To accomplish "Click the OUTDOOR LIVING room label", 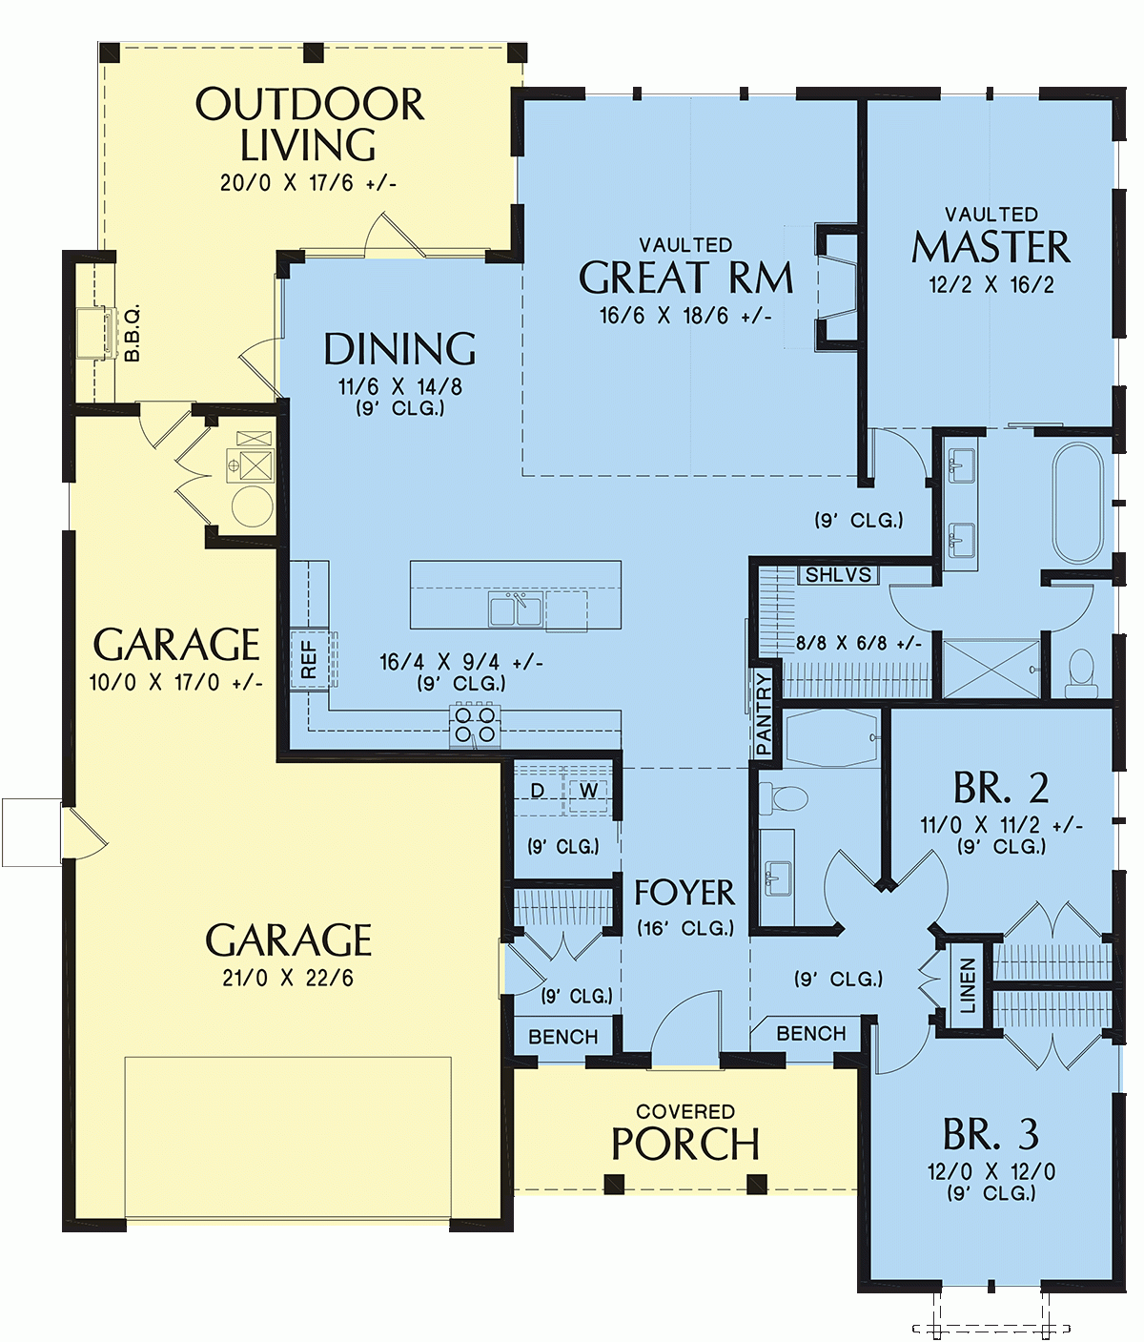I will pyautogui.click(x=309, y=125).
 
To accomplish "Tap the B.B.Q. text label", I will pyautogui.click(x=133, y=333).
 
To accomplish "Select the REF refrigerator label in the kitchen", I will pyautogui.click(x=309, y=659).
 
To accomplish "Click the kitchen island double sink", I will pyautogui.click(x=516, y=609).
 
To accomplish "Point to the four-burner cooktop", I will pyautogui.click(x=474, y=723).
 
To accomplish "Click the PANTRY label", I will pyautogui.click(x=764, y=713).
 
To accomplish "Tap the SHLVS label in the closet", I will pyautogui.click(x=838, y=575).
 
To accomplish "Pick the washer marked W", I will pyautogui.click(x=588, y=791).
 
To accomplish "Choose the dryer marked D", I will pyautogui.click(x=538, y=791).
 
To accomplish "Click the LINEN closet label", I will pyautogui.click(x=968, y=985).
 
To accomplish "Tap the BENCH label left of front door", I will pyautogui.click(x=562, y=1037).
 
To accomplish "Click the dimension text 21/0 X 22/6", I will pyautogui.click(x=287, y=978).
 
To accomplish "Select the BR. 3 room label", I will pyautogui.click(x=991, y=1134).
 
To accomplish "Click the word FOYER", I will pyautogui.click(x=684, y=893).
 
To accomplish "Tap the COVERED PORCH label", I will pyautogui.click(x=684, y=1134).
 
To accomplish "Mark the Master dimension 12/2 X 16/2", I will pyautogui.click(x=991, y=284).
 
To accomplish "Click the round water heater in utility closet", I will pyautogui.click(x=252, y=506).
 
